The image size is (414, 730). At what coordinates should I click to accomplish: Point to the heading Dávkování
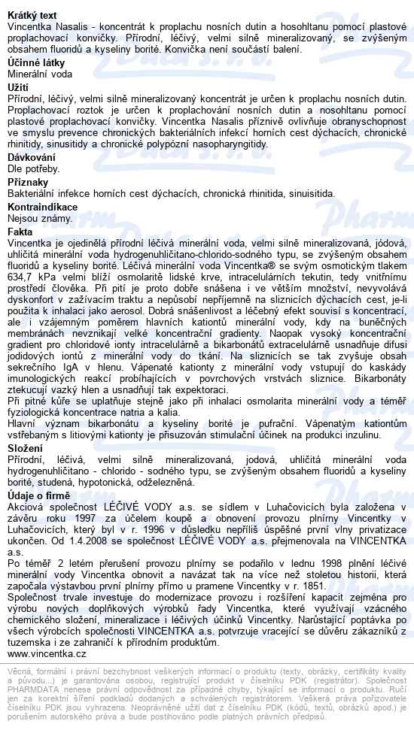pyautogui.click(x=31, y=156)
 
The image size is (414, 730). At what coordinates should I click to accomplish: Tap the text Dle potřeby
pyautogui.click(x=34, y=168)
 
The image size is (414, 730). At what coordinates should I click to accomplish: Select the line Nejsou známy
pyautogui.click(x=39, y=218)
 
